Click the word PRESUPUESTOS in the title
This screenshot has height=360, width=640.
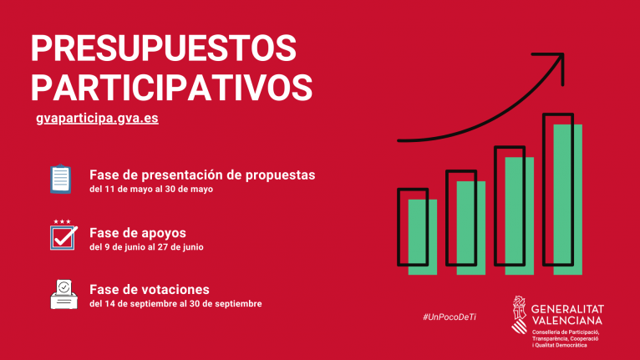coord(164,48)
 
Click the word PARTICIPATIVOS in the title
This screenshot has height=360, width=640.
coord(171,85)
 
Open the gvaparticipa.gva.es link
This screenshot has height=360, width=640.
coord(97,118)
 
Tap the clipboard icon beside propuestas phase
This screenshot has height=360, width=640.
coord(61,179)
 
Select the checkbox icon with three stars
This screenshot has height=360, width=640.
coord(63,236)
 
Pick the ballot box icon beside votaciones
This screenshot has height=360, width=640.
coord(63,294)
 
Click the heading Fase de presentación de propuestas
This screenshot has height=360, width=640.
coord(202,175)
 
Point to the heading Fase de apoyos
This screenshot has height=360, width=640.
coord(138,232)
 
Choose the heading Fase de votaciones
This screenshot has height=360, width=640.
coord(149,289)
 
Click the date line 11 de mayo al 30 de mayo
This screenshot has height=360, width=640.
coord(151,190)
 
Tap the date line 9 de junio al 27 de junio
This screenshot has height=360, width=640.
coord(146,247)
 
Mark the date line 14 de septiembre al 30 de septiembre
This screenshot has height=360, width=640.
coord(175,304)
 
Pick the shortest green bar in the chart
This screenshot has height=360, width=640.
coord(422,236)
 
